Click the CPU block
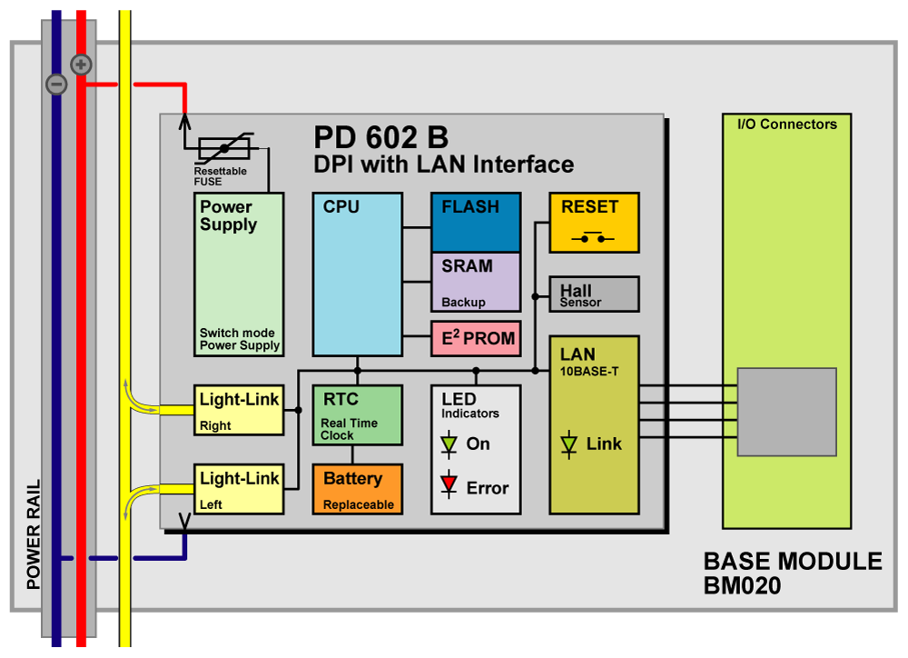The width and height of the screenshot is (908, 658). [x=357, y=274]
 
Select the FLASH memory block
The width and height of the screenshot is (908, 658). [x=476, y=222]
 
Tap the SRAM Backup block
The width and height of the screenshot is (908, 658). [x=476, y=282]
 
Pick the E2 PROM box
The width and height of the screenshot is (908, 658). [x=476, y=339]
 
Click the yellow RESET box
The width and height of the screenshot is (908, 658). [x=594, y=223]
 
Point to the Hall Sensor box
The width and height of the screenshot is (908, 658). [x=594, y=294]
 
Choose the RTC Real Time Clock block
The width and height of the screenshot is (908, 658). [x=357, y=415]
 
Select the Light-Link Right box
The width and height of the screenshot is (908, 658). [x=239, y=410]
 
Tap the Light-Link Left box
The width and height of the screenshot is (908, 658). [x=239, y=489]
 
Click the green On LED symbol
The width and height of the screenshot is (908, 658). [x=449, y=444]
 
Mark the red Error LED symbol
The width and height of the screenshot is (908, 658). [x=449, y=484]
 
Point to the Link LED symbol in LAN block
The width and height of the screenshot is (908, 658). [x=569, y=444]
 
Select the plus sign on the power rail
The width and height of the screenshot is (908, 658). [x=82, y=65]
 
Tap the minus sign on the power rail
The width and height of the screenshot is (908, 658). [x=56, y=85]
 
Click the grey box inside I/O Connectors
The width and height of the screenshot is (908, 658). [x=785, y=412]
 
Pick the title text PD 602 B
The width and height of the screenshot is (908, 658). [x=381, y=137]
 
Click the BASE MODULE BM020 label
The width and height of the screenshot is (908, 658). [x=792, y=573]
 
